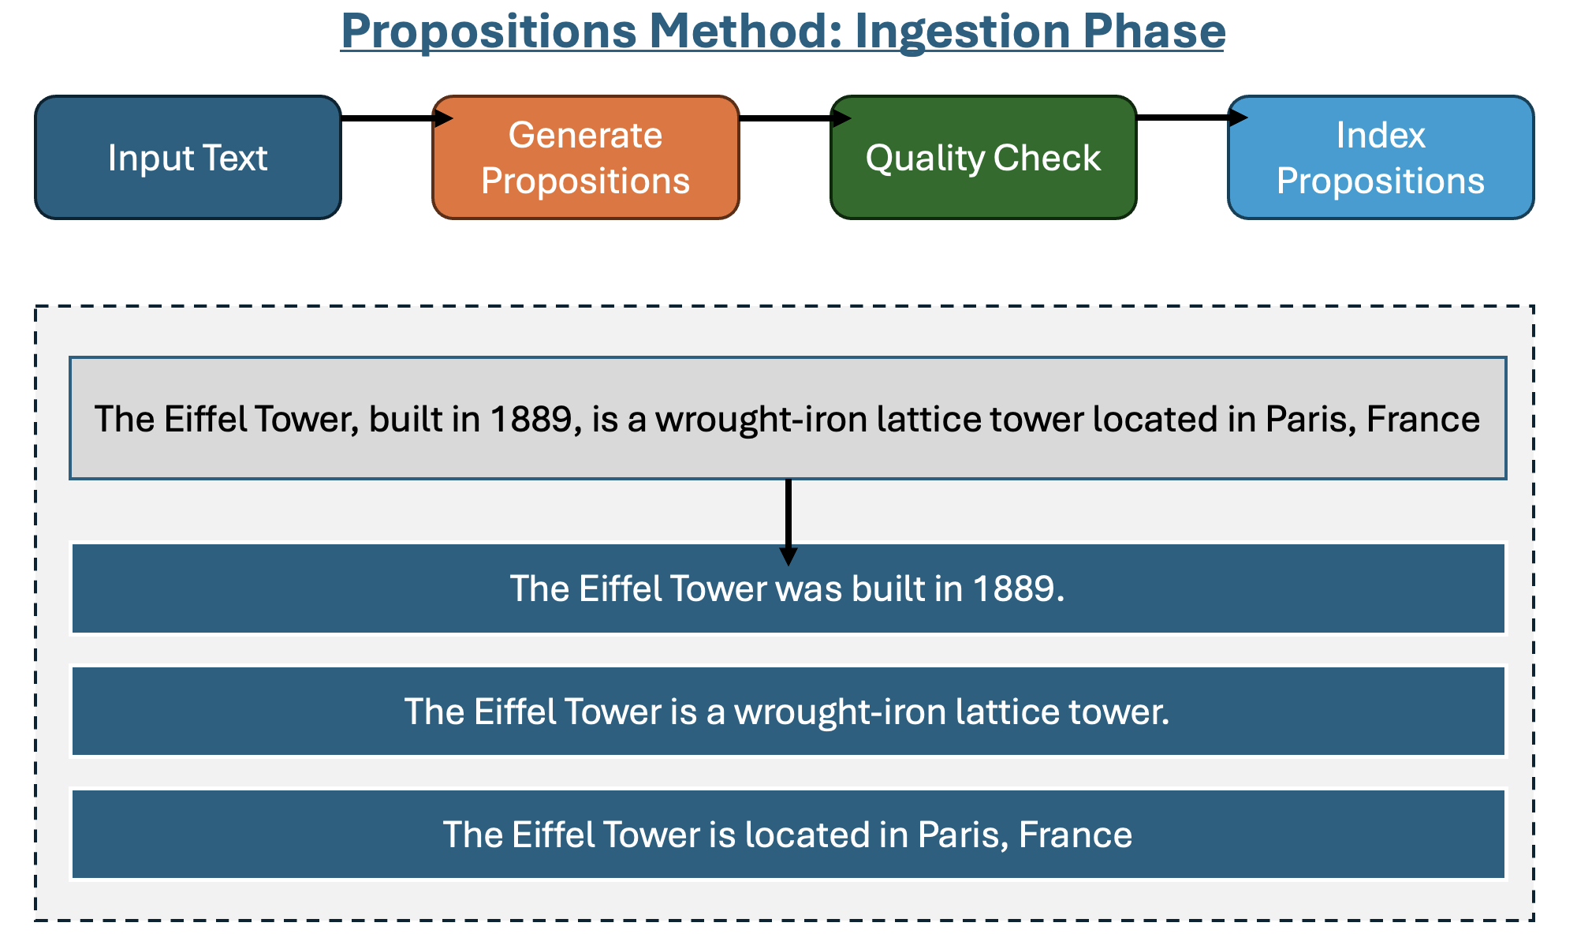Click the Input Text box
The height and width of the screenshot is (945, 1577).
(188, 158)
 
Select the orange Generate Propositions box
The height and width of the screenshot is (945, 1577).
(586, 158)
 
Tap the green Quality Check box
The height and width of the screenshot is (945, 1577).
(983, 158)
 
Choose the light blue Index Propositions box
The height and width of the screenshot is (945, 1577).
(1381, 158)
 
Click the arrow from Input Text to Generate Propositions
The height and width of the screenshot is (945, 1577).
(397, 118)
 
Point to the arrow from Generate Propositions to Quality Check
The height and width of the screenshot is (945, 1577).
(796, 118)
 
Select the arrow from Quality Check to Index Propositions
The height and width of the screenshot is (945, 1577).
(1192, 118)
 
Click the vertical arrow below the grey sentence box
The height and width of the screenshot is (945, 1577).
(788, 522)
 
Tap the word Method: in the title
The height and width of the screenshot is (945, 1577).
(747, 32)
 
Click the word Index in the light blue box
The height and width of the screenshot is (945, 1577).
(1381, 135)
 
